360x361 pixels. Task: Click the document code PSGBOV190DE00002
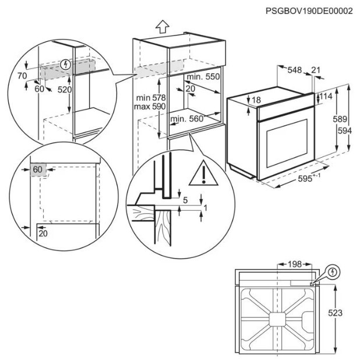[x=309, y=11]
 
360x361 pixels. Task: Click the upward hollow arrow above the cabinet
[x=163, y=27]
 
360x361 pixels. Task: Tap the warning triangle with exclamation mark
[x=203, y=172]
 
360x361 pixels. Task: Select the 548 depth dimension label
[x=295, y=70]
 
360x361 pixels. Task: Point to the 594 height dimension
[x=345, y=131]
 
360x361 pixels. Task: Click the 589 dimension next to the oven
[x=340, y=119]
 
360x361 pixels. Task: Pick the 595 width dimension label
[x=305, y=178]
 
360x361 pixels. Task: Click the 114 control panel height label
[x=326, y=96]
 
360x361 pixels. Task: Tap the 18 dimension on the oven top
[x=256, y=100]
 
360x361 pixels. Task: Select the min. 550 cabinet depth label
[x=203, y=77]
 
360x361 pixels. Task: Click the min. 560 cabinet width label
[x=186, y=119]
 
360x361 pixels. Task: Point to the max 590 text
[x=150, y=107]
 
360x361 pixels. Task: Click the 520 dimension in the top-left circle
[x=65, y=89]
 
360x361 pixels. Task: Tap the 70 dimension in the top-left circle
[x=22, y=76]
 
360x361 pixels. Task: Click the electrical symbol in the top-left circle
[x=65, y=65]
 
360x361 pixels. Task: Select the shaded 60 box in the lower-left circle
[x=38, y=170]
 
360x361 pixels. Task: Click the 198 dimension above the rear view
[x=295, y=264]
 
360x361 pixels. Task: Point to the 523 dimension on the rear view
[x=335, y=313]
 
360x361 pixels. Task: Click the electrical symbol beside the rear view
[x=333, y=272]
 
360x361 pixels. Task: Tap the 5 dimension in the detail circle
[x=185, y=200]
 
